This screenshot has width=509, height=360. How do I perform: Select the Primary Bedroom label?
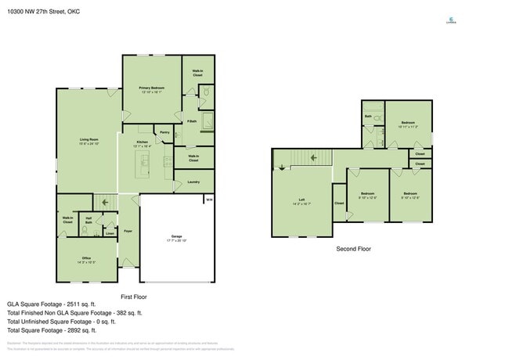150,88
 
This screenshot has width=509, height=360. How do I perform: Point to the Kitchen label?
142,142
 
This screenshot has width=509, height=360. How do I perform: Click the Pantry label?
164,132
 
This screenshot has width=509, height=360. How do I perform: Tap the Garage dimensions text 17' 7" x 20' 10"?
176,240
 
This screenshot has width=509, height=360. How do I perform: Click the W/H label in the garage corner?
208,200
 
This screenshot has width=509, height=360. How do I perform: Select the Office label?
86,257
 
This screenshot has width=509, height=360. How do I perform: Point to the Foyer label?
128,232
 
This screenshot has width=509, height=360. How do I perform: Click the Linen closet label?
110,232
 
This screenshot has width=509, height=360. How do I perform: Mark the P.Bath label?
192,121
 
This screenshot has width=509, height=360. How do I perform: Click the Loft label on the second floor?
301,200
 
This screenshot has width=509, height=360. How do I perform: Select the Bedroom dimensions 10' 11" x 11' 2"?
408,126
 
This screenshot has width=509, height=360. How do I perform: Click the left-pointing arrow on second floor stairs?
312,157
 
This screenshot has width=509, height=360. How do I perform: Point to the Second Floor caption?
353,249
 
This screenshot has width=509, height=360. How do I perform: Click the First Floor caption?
133,297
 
